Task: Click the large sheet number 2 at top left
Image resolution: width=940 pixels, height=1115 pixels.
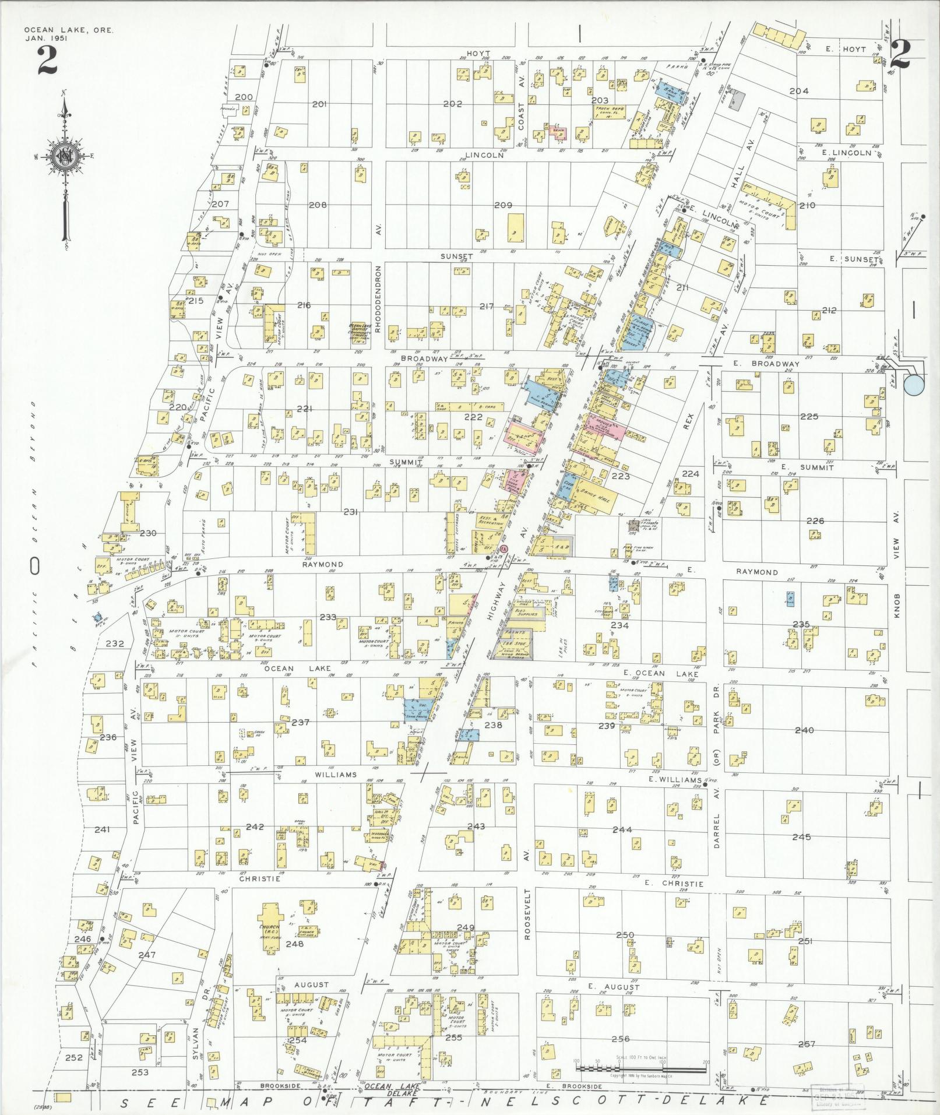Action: (47, 61)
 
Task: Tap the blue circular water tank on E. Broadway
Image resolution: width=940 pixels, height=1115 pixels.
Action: (914, 384)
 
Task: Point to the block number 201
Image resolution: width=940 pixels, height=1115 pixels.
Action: (319, 104)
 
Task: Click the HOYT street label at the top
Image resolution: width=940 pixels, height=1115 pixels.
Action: (477, 54)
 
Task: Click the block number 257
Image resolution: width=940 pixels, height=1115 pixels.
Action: (807, 1043)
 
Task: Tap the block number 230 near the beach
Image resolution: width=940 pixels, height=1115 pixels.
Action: (148, 533)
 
